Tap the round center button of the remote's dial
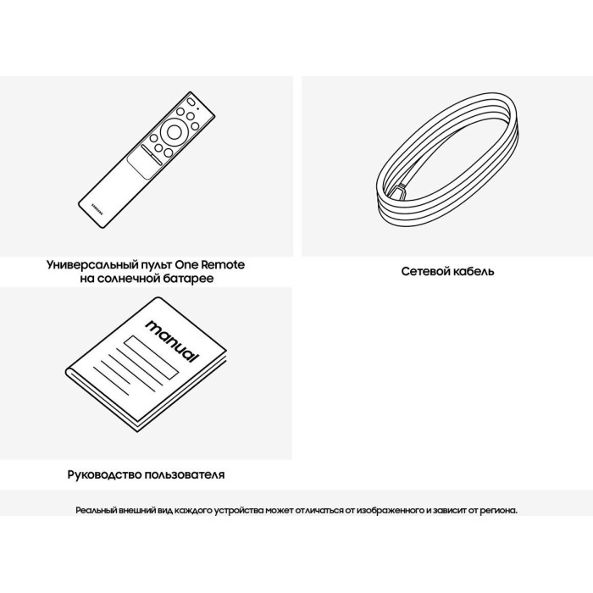[x=173, y=130]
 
